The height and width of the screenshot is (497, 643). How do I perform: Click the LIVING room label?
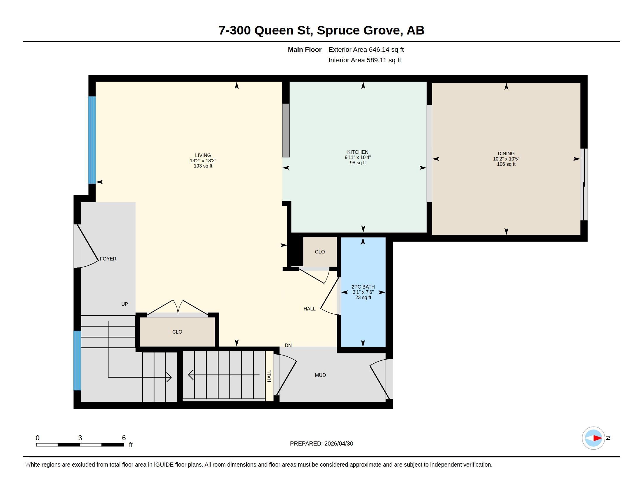(203, 155)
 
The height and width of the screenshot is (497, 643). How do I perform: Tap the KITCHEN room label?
(358, 152)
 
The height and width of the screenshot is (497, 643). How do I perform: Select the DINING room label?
(506, 153)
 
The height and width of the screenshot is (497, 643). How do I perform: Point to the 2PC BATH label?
(363, 287)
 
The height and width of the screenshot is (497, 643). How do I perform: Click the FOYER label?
(108, 259)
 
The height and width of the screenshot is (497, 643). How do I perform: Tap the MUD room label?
(320, 375)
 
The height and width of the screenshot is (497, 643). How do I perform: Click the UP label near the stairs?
(125, 304)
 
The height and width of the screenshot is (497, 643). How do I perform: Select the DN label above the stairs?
(288, 345)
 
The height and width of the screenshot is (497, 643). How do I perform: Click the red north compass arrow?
(597, 438)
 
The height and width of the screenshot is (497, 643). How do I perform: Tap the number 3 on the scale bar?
(80, 438)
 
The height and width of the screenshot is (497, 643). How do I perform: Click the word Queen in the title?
(274, 30)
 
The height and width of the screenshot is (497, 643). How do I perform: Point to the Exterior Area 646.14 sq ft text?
(366, 50)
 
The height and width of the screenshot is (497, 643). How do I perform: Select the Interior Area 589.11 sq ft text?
(365, 60)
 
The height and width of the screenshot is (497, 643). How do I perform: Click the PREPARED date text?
(321, 444)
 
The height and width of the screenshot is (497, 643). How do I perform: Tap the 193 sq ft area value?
(203, 166)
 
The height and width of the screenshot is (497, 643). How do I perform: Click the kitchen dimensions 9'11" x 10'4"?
(358, 157)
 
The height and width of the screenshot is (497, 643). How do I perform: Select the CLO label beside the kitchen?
(320, 252)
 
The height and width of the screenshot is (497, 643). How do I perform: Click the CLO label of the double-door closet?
(177, 332)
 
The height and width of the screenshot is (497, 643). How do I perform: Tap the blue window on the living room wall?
(92, 140)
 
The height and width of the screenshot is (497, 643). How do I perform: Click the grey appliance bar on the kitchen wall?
(286, 130)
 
